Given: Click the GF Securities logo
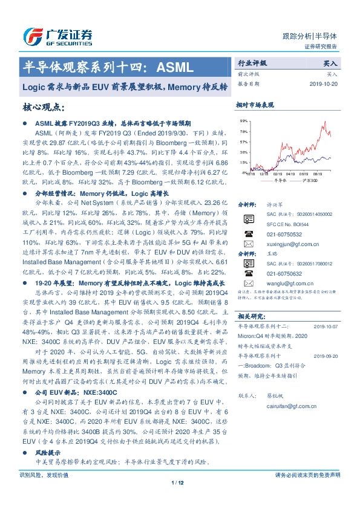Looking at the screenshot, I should pos(58,36).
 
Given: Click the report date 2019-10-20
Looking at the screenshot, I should pos(324,84).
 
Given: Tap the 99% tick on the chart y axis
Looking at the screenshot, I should pos(243,121).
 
